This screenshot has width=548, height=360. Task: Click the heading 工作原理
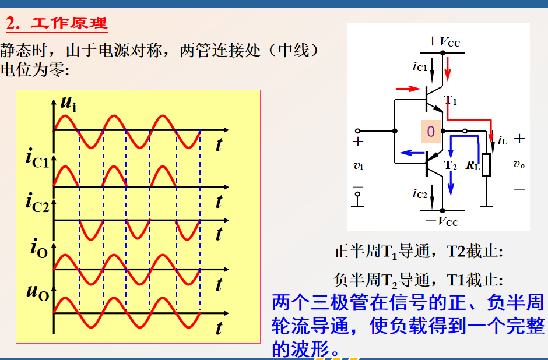point(69,24)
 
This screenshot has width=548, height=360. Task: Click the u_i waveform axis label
point(68,104)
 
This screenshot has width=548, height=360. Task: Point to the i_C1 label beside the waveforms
point(38,159)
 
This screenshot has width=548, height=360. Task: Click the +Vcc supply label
point(444,41)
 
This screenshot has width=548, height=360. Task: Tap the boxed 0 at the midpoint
point(431,132)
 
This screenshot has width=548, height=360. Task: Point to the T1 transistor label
point(451,100)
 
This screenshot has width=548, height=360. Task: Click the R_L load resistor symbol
point(487,165)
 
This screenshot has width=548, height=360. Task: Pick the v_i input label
point(358,165)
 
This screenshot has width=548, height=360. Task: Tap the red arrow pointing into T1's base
point(408,89)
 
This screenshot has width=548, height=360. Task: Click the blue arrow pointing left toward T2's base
point(412,153)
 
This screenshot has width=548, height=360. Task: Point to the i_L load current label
point(503,140)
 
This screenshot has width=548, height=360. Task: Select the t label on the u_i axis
point(219,144)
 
